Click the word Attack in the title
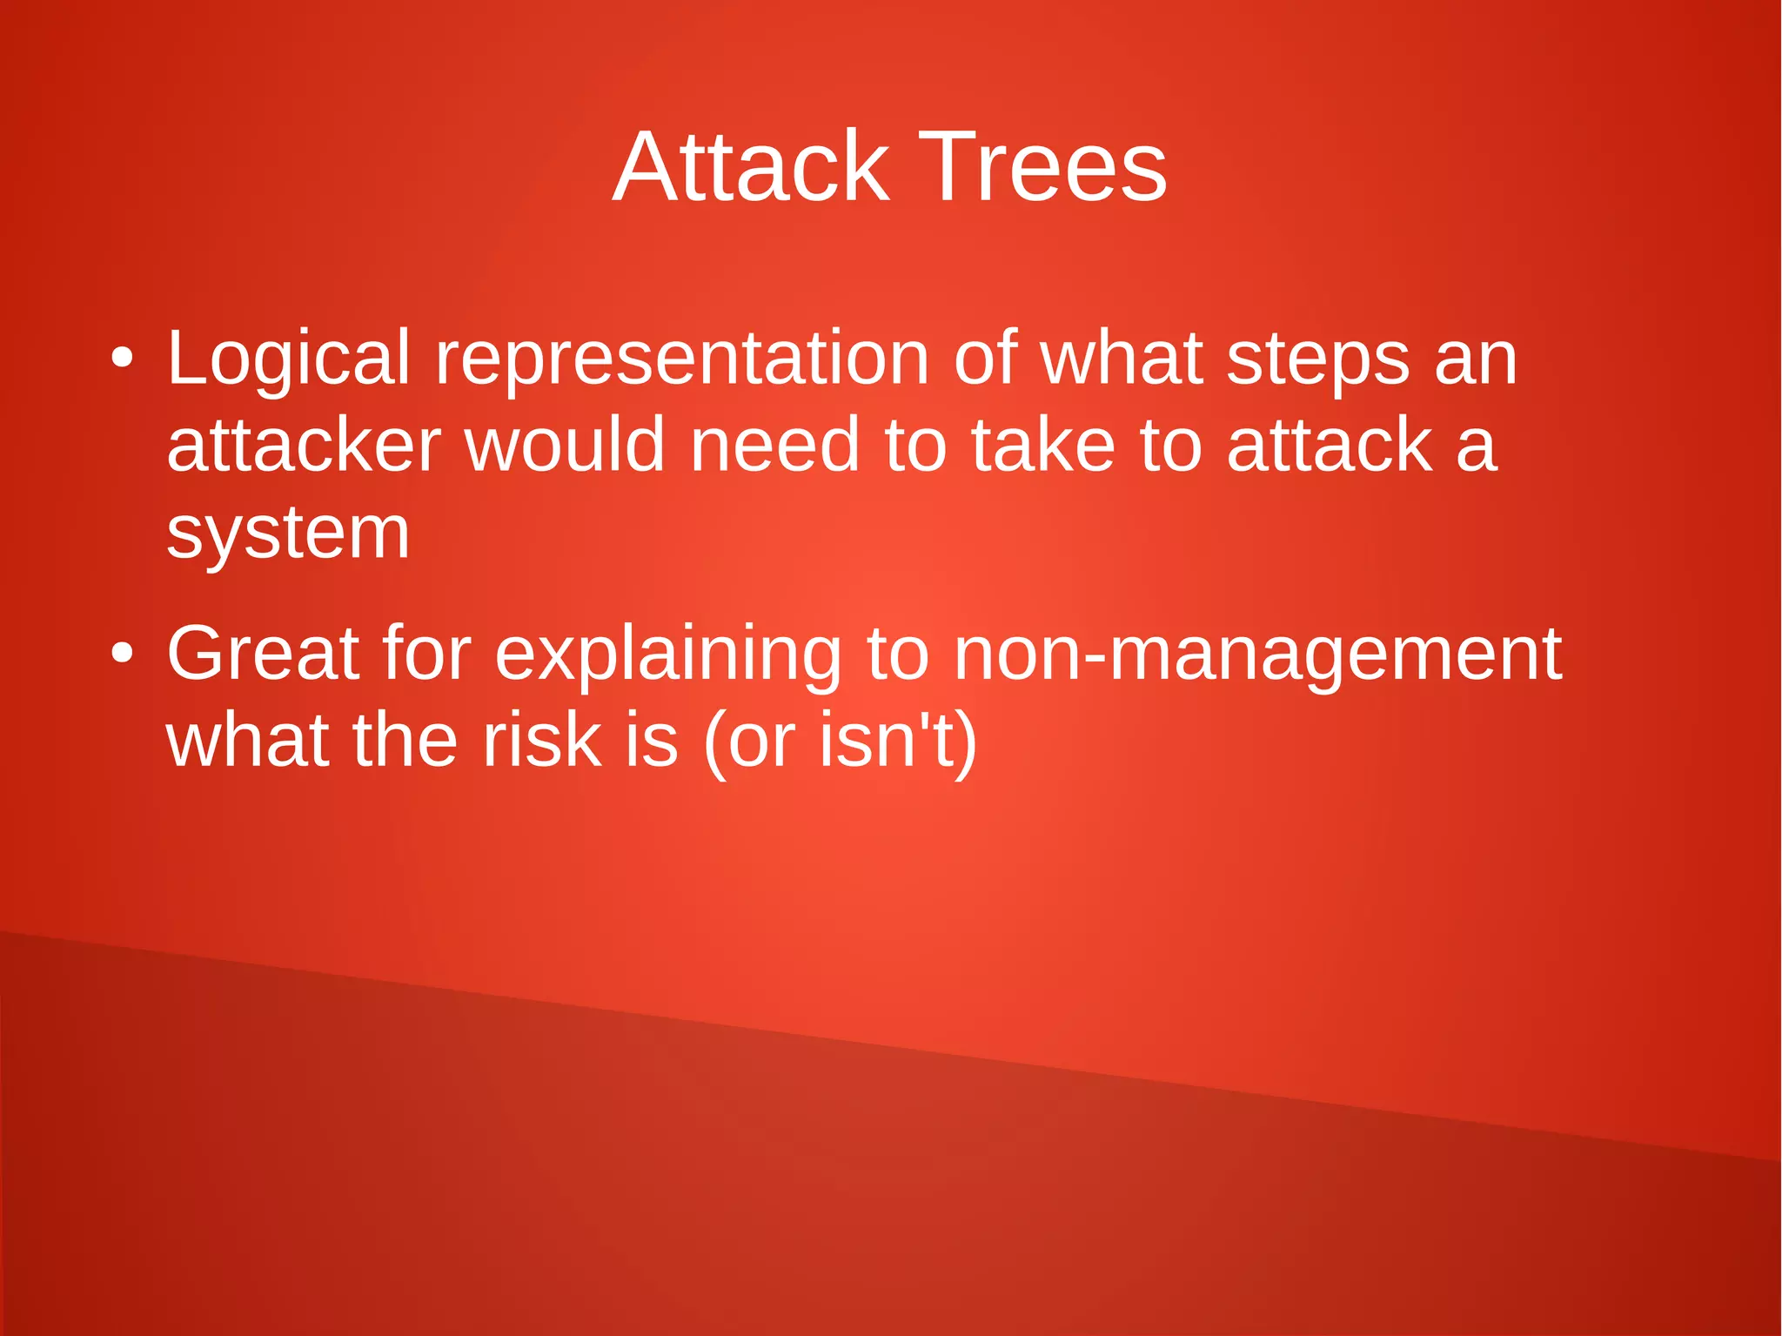click(x=750, y=167)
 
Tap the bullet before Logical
click(x=123, y=359)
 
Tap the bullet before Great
click(x=123, y=654)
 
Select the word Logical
click(x=288, y=359)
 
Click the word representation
click(x=681, y=359)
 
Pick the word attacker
click(x=304, y=446)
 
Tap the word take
click(x=1042, y=446)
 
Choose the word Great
click(x=262, y=654)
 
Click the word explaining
click(x=667, y=654)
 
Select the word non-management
click(x=1257, y=654)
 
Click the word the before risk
click(x=405, y=741)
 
